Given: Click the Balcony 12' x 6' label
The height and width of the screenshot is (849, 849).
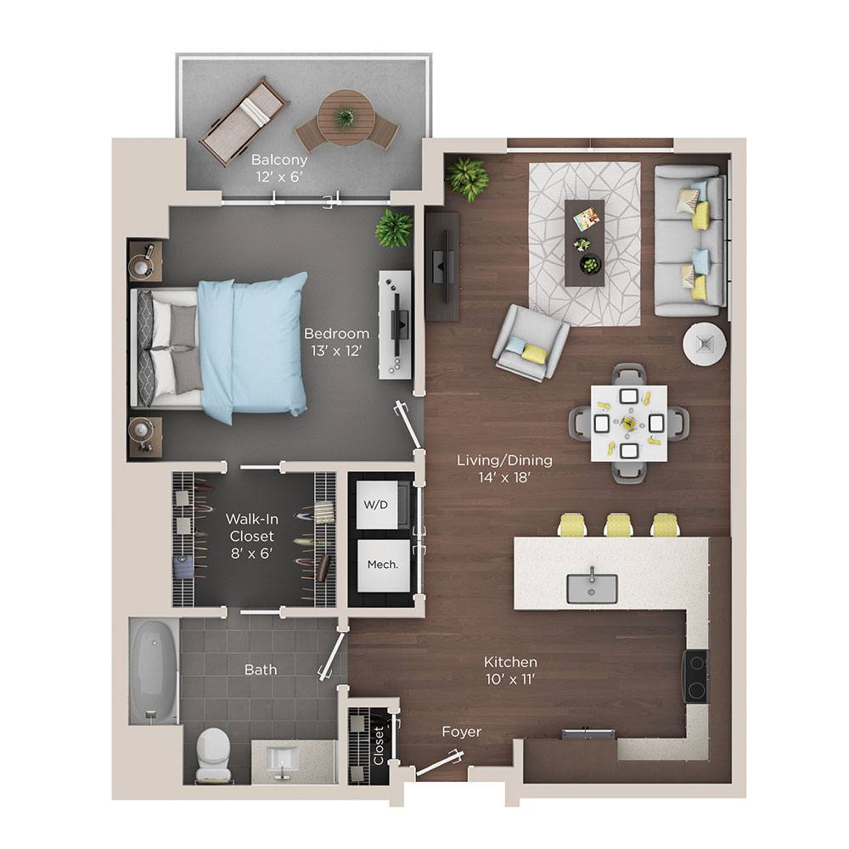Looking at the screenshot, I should pos(278,168).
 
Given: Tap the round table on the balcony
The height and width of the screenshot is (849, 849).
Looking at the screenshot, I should pos(346,117).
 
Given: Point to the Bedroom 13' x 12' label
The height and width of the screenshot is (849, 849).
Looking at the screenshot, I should pos(337,341).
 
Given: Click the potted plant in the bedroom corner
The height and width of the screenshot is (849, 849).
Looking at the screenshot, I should pos(393,228).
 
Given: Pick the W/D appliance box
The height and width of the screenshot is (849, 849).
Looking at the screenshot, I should pos(375,504).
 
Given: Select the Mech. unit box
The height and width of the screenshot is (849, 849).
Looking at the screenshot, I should pos(377,565).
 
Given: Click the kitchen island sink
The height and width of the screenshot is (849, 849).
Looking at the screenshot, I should pos(592,587).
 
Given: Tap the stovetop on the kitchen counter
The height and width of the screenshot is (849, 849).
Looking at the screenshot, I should pos(696,676).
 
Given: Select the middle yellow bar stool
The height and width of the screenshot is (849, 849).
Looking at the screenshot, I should pos(618,525).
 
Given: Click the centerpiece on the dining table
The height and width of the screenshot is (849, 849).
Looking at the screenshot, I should pos(628,422).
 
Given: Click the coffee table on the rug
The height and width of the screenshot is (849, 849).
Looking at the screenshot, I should pos(585,242).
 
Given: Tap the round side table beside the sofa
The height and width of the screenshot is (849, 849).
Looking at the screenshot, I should pos(704,343).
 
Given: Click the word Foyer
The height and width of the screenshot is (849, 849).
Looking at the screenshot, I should pos(461,732).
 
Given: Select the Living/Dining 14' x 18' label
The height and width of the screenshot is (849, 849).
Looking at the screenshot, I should pos(504,468).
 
